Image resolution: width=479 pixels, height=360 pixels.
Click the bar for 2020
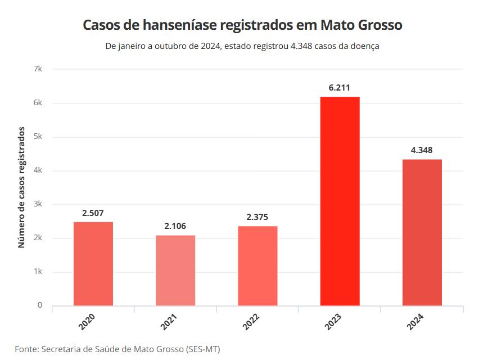click(93, 264)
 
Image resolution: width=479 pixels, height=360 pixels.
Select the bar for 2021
click(175, 271)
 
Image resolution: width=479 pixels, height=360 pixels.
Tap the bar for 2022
click(257, 266)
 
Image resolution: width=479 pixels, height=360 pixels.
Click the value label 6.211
click(340, 88)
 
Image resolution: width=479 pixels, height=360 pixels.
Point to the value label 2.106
click(175, 226)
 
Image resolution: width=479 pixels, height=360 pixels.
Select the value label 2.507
click(93, 213)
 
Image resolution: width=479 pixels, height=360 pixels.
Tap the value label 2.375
click(257, 217)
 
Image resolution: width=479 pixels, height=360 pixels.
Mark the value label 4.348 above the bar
click(422, 150)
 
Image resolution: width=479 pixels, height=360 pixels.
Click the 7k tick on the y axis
click(38, 69)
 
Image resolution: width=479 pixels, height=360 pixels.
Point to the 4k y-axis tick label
click(38, 170)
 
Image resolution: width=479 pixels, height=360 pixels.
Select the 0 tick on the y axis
click(40, 305)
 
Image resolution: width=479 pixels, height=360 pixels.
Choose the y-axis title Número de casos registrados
click(22, 187)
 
